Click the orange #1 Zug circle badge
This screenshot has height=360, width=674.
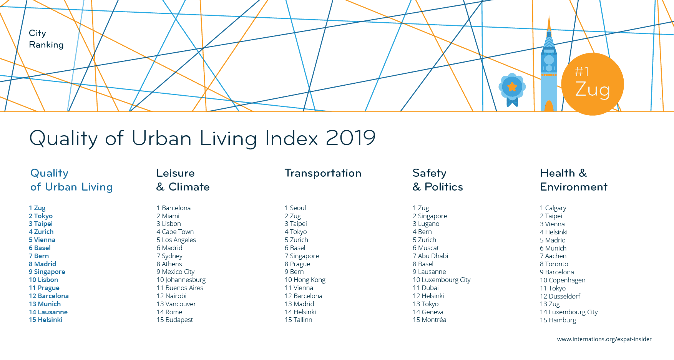[x=592, y=84]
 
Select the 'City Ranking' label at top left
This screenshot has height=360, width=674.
[x=46, y=39]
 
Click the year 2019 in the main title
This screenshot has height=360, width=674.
[x=350, y=138]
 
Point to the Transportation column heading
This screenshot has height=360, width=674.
[x=323, y=173]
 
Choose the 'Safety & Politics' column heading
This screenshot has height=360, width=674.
[x=438, y=180]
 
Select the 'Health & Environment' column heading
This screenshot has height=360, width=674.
[x=573, y=180]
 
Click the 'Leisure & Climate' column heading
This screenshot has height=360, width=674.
[x=183, y=180]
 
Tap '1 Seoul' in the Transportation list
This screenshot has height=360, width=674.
[x=295, y=208]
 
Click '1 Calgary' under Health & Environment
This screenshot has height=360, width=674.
[x=553, y=208]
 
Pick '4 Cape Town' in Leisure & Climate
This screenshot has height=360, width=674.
[x=175, y=232]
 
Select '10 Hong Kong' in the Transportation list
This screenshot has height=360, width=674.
[x=305, y=280]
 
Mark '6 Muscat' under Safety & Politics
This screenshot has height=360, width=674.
[x=426, y=248]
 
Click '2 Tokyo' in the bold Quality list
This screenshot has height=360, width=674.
[x=41, y=216]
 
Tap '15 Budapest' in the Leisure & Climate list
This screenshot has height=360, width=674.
[x=175, y=320]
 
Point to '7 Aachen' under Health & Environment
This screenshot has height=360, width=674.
[x=553, y=256]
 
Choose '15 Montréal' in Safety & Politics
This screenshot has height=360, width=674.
[x=430, y=320]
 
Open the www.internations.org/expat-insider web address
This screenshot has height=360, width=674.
[x=604, y=339]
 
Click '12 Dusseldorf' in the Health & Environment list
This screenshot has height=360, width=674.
[x=560, y=296]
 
